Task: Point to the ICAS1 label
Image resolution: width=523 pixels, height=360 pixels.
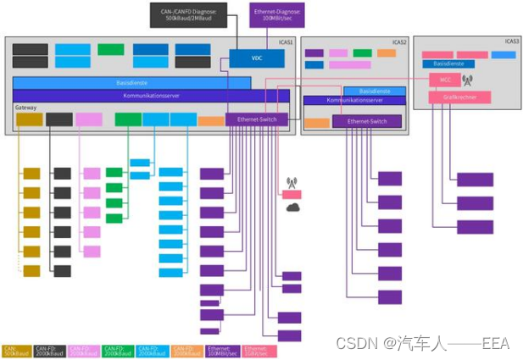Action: point(285,42)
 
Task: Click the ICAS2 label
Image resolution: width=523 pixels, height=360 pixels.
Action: point(398,42)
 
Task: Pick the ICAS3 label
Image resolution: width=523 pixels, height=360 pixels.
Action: point(511,41)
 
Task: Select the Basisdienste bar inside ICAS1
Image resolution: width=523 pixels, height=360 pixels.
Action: point(131,82)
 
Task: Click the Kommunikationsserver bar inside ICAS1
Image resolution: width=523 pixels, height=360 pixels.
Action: point(151,95)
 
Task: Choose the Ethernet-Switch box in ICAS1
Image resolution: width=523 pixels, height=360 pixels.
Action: point(257,119)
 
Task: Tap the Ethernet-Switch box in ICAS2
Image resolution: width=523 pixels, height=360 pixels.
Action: point(366,122)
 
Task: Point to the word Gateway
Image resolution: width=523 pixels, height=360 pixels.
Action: point(25,108)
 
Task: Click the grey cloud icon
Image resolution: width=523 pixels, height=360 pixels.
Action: point(292,207)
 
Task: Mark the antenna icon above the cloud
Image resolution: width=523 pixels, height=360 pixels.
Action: point(292,181)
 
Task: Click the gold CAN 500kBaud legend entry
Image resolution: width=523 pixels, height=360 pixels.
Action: point(14,350)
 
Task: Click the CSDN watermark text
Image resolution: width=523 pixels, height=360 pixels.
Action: point(421,342)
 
